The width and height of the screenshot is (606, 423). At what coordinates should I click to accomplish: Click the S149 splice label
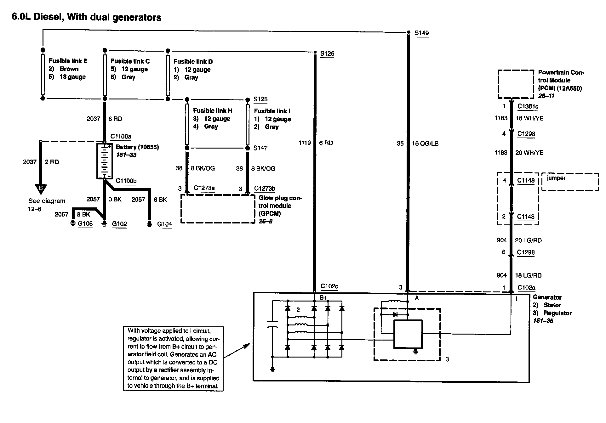(421, 33)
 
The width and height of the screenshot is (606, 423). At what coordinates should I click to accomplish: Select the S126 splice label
(327, 54)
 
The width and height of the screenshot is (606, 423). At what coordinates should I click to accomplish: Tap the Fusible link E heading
(68, 61)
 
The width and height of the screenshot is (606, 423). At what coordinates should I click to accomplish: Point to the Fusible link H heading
(213, 110)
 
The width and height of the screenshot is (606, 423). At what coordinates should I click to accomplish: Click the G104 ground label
(164, 224)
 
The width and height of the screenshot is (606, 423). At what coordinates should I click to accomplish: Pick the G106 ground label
(85, 223)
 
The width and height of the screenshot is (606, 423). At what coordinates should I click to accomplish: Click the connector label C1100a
(121, 137)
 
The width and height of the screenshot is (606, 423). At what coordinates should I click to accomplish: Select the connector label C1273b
(265, 188)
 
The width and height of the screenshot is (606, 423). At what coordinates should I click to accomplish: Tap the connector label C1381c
(528, 106)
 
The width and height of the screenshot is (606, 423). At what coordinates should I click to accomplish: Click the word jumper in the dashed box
(556, 178)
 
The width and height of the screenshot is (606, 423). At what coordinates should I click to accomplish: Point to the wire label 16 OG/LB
(425, 144)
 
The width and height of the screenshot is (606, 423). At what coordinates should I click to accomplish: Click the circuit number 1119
(305, 143)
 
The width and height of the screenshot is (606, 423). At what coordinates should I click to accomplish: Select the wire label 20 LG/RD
(528, 240)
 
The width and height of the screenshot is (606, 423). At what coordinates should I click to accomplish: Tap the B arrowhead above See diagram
(40, 189)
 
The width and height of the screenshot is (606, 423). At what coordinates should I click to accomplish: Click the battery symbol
(104, 161)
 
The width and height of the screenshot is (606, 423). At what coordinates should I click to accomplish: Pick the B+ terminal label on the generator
(323, 297)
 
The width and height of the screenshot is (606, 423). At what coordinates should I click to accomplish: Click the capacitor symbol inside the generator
(272, 324)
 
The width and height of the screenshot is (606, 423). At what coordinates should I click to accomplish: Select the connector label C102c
(329, 286)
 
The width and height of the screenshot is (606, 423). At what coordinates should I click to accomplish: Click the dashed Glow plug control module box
(218, 209)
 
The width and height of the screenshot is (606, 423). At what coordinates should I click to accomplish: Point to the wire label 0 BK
(115, 200)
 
